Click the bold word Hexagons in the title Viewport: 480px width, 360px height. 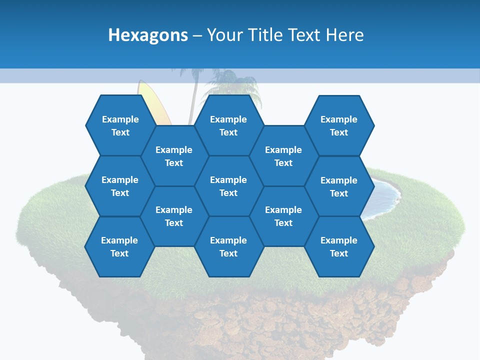(148, 35)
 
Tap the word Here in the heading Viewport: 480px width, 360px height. (344, 35)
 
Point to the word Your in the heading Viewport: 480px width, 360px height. (223, 35)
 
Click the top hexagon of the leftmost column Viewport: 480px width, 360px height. (120, 125)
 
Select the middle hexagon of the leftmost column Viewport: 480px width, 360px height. (120, 186)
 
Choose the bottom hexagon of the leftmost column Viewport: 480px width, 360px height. (119, 246)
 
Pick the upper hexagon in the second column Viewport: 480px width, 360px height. (174, 156)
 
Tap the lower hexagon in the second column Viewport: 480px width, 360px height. (174, 216)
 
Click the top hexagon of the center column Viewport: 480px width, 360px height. (228, 125)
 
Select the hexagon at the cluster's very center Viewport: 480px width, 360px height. (228, 186)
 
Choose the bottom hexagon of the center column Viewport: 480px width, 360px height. (228, 246)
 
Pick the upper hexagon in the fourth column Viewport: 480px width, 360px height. (283, 156)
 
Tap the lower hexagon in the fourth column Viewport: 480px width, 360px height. (283, 216)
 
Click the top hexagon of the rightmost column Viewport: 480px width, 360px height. (339, 125)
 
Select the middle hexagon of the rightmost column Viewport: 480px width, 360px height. (339, 186)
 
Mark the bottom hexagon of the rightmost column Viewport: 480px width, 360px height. (339, 246)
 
